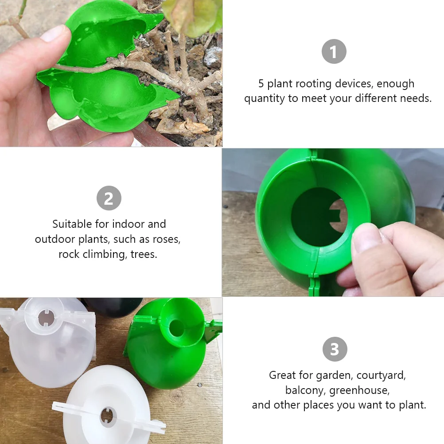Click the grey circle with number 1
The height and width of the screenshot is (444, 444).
[334, 51]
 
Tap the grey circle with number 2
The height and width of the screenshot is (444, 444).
[109, 198]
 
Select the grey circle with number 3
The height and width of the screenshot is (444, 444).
[335, 349]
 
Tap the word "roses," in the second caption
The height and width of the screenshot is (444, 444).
[167, 240]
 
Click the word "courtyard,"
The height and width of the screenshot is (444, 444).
[381, 375]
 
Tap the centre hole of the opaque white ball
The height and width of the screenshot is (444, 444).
[108, 417]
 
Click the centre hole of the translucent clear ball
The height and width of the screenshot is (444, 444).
[46, 318]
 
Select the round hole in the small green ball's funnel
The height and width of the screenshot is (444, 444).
[177, 328]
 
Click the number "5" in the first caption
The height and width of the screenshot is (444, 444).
[261, 84]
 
